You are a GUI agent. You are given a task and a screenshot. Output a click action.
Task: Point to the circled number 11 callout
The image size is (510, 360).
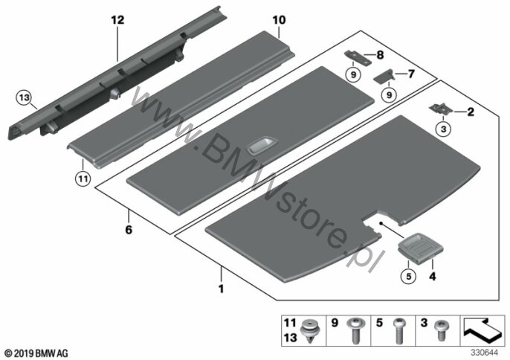click(x=83, y=178)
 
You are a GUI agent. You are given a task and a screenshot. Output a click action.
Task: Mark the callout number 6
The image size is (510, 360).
click(x=128, y=230)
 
